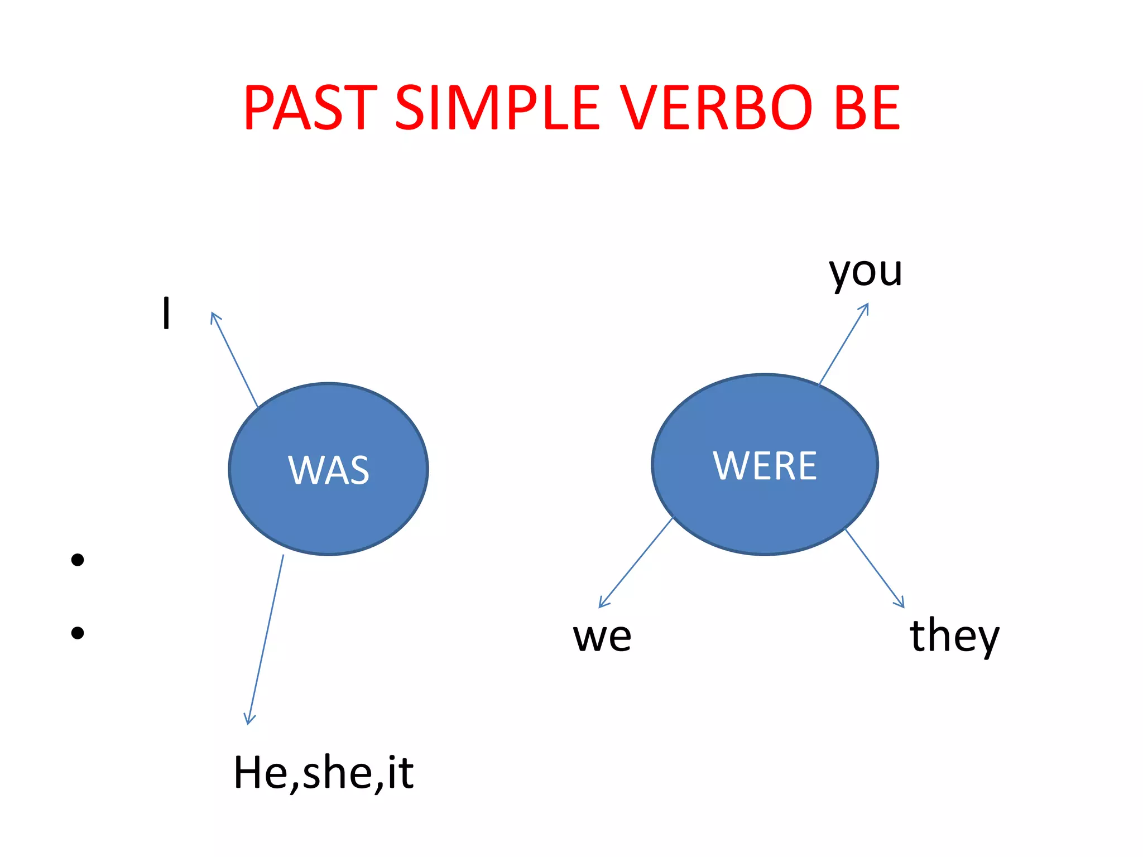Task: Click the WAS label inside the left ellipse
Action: pos(329,470)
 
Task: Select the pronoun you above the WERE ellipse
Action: pos(865,272)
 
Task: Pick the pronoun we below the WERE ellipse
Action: pos(602,637)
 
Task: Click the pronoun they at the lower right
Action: pos(954,637)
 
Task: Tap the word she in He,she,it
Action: pos(337,773)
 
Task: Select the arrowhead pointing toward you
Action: pos(866,306)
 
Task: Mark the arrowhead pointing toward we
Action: pos(602,604)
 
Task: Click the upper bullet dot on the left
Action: pos(78,560)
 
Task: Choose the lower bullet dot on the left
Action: pos(78,633)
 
